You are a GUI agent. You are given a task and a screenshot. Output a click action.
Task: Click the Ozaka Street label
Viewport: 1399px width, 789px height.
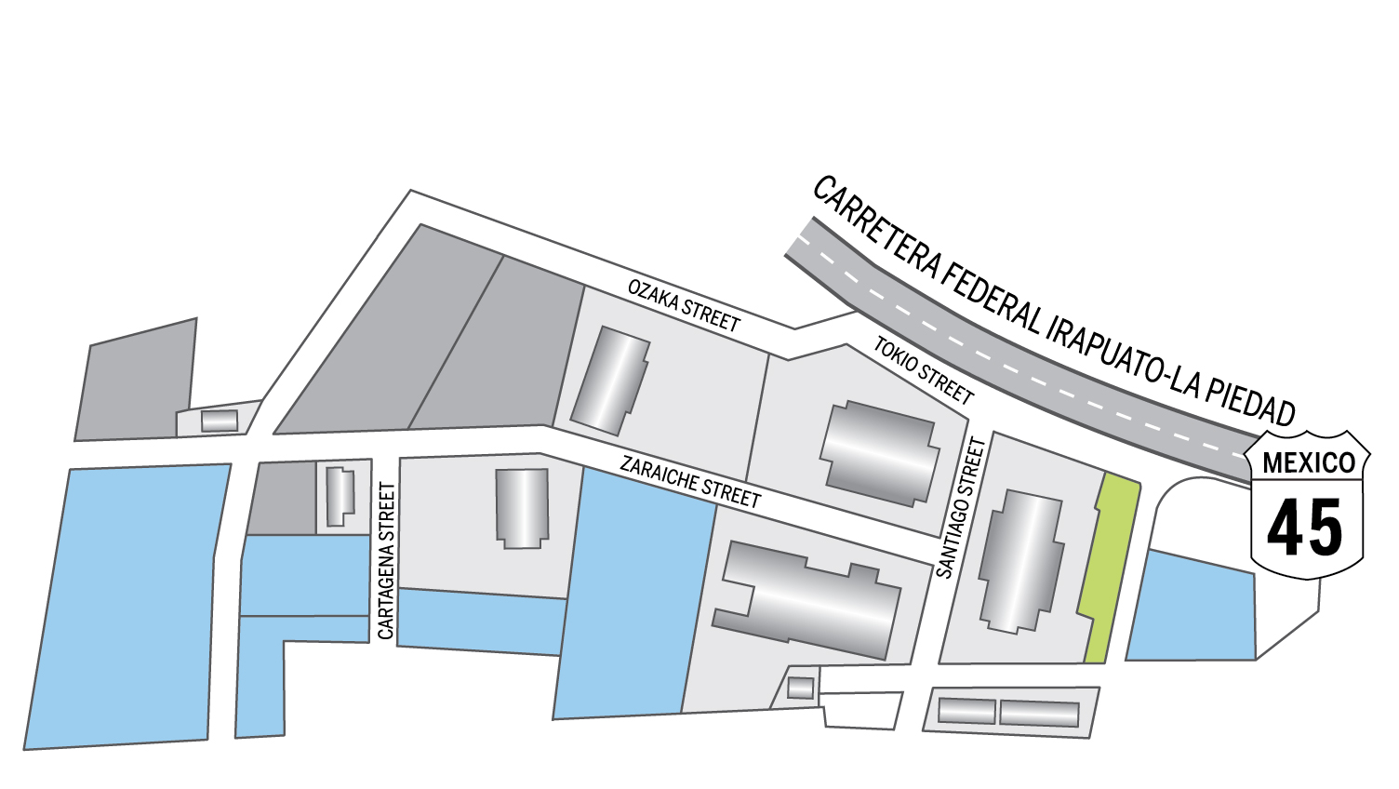click(684, 304)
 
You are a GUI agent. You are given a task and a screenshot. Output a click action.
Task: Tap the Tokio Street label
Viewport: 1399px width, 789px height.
click(923, 370)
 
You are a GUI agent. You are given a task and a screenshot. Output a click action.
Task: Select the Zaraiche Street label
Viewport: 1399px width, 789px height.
click(690, 481)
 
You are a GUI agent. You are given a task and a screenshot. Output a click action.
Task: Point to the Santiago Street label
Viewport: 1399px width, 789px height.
click(960, 508)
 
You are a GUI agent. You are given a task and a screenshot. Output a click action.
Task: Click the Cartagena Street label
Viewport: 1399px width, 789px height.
click(387, 561)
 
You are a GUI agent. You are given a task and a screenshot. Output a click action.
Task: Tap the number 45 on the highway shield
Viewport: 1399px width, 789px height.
click(1305, 528)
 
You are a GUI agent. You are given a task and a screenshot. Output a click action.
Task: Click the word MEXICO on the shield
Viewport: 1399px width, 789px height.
click(1308, 462)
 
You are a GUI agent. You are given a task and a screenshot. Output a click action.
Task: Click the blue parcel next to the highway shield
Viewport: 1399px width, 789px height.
click(1193, 609)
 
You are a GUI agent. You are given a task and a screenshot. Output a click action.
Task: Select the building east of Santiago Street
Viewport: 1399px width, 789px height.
click(1021, 562)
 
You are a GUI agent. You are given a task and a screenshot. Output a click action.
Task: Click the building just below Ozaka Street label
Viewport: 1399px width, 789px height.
click(610, 381)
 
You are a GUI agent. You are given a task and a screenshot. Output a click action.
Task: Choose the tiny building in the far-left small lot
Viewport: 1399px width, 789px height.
click(220, 421)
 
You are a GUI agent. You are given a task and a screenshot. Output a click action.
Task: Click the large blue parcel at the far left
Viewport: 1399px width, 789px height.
click(127, 605)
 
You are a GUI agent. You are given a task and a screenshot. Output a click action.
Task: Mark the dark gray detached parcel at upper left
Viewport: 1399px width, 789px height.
click(137, 381)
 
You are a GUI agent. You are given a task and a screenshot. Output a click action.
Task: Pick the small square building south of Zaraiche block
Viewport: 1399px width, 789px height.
click(800, 688)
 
